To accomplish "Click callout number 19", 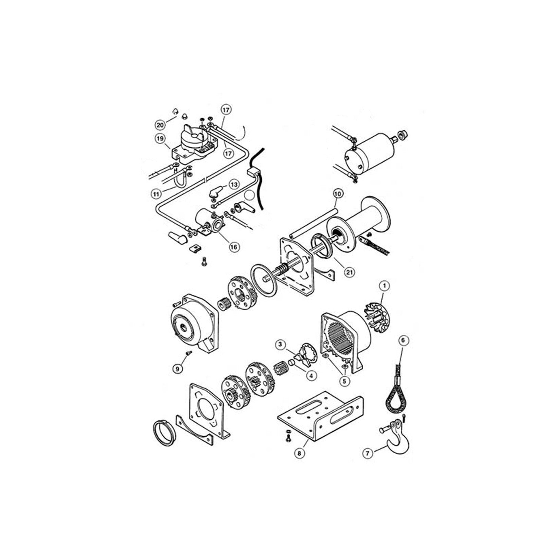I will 160,139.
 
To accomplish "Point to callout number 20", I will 160,123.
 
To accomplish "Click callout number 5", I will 345,380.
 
